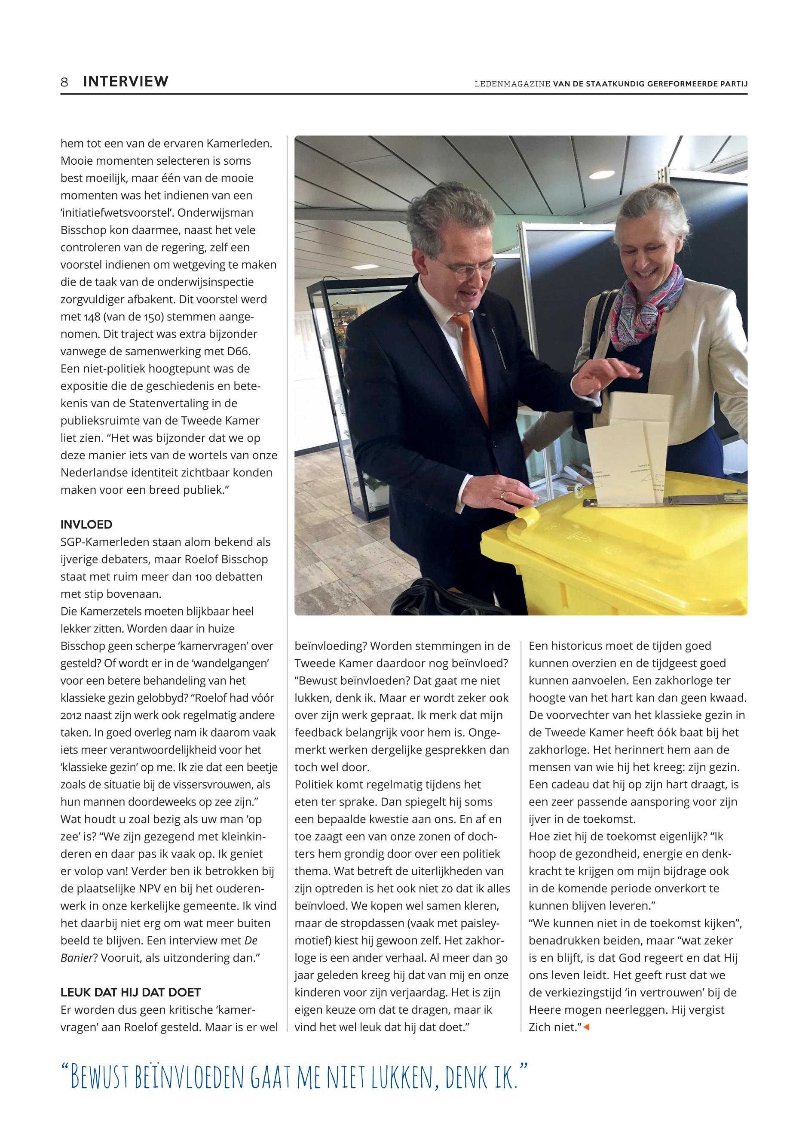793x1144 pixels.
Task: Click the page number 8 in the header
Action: pos(64,82)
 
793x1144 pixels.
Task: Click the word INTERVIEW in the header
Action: pos(126,82)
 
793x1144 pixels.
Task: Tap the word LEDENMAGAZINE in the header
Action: pos(512,84)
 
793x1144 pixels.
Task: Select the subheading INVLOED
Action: pos(86,525)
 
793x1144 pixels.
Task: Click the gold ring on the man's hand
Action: pos(503,495)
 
